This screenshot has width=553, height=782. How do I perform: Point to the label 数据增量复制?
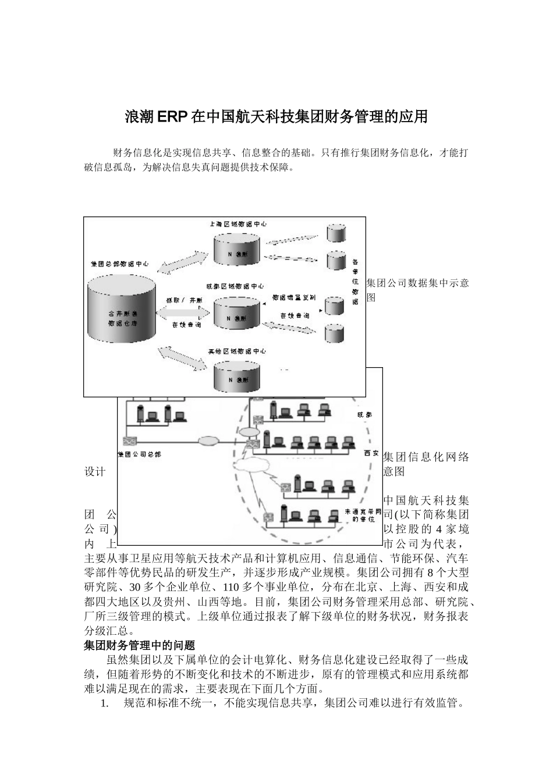(295, 297)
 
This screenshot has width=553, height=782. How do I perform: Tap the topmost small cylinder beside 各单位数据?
(336, 232)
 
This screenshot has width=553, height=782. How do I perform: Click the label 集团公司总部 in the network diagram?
(140, 454)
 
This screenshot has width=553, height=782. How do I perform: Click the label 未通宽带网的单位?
(362, 515)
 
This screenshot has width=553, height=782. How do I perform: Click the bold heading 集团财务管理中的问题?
(140, 645)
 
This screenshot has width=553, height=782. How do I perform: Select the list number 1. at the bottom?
(105, 703)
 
